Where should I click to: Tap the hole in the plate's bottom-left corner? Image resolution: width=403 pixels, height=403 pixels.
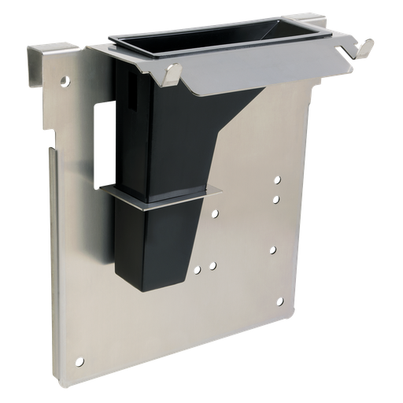point(79,361)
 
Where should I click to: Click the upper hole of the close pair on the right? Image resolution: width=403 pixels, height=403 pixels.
point(276,180)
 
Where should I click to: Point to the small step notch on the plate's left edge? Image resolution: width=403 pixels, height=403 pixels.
point(53,150)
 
